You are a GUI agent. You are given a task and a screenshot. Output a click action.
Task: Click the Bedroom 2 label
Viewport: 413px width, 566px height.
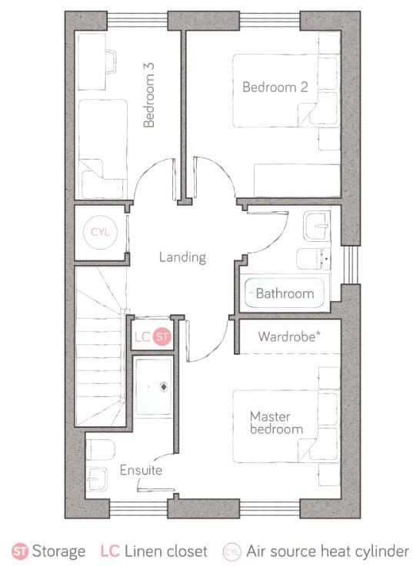tap(275, 87)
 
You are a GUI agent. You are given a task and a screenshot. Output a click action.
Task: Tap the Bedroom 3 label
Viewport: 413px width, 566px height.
tap(149, 100)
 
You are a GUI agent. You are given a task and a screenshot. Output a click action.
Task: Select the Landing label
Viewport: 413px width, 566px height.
tap(182, 257)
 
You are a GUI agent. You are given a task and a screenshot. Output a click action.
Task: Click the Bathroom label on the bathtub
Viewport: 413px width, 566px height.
tap(285, 293)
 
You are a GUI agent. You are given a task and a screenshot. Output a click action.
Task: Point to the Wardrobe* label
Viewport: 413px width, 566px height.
tap(288, 336)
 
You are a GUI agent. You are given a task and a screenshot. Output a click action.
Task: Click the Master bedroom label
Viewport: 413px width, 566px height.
tap(275, 422)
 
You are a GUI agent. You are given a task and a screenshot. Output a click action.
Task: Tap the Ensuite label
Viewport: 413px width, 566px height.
tap(141, 469)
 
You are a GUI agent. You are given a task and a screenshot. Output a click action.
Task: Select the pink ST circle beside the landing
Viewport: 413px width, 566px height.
tap(162, 336)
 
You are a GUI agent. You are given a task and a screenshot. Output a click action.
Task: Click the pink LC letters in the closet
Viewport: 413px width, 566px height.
tap(142, 336)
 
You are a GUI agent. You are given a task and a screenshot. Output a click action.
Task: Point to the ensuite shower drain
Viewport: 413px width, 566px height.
tap(163, 388)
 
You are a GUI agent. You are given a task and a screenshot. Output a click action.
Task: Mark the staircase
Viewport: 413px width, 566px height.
tap(98, 346)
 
